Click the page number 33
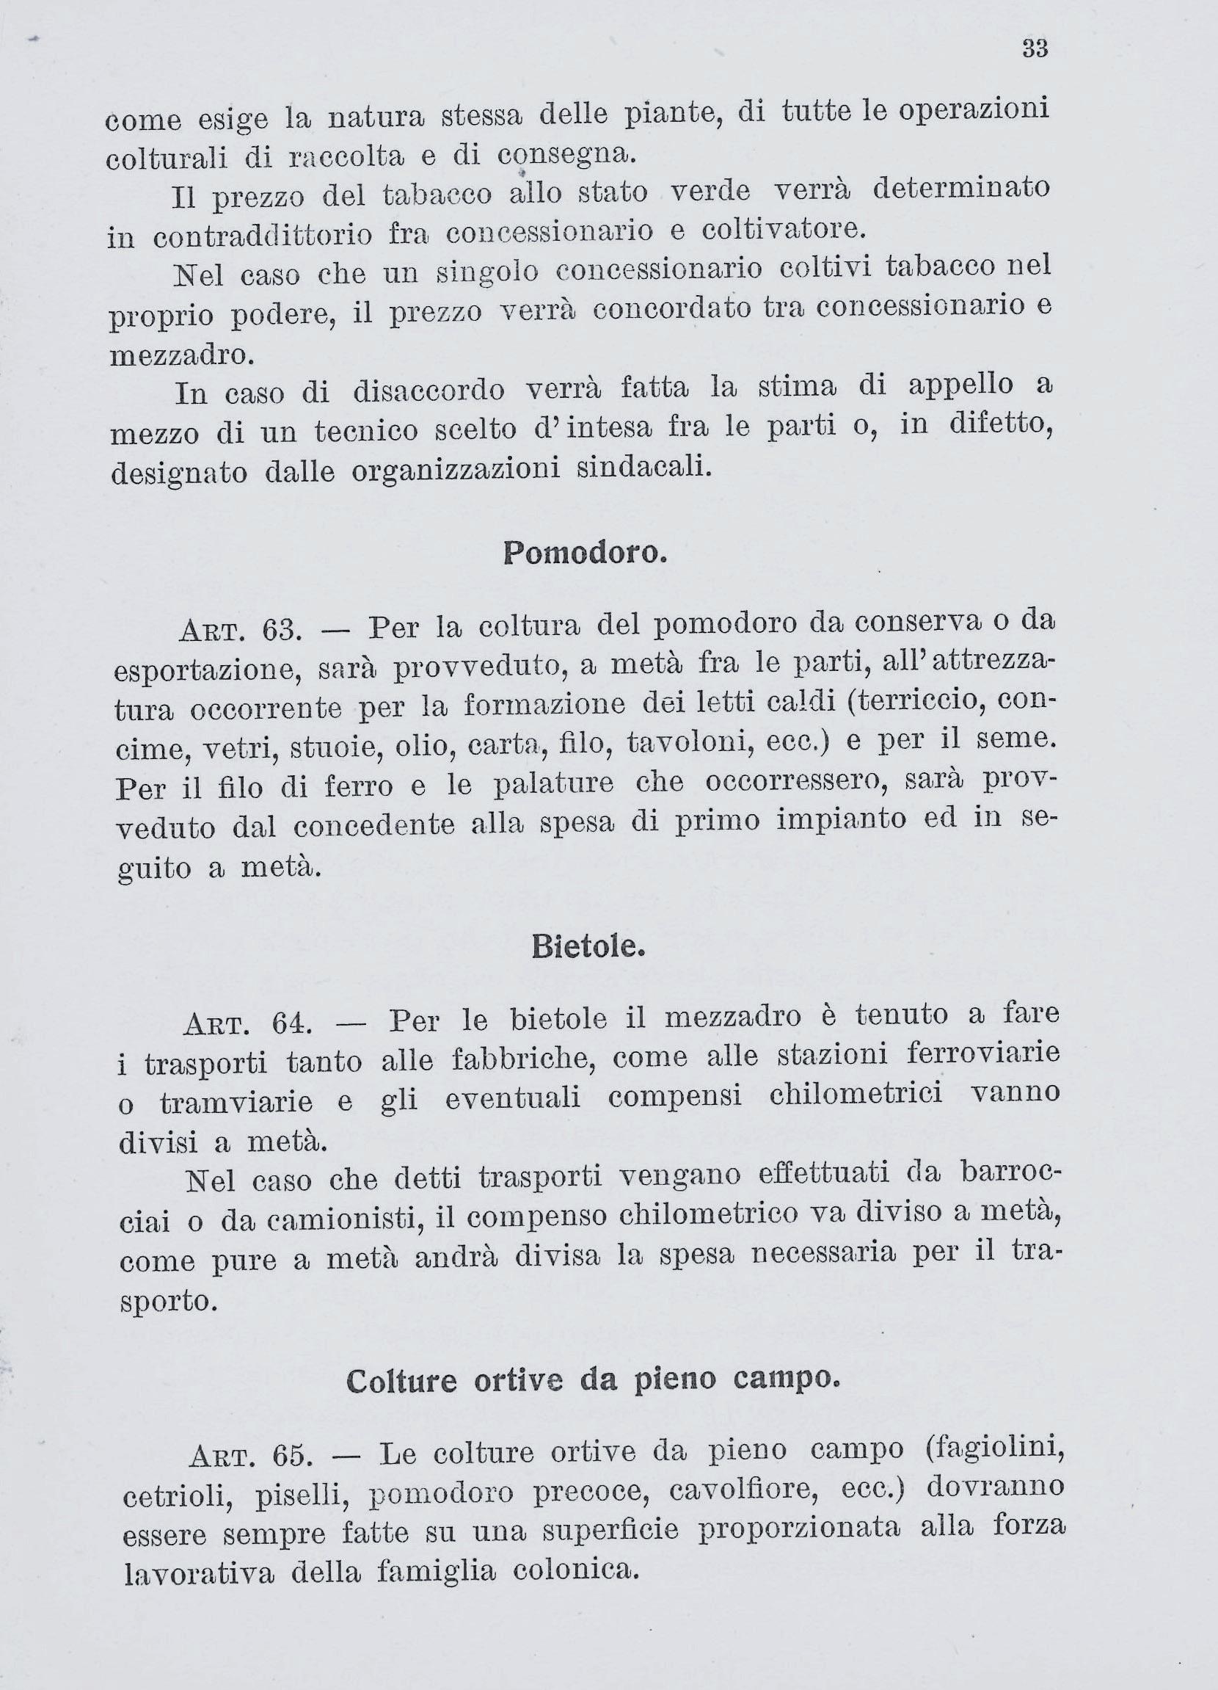[x=1035, y=49]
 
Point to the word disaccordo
[x=429, y=391]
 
